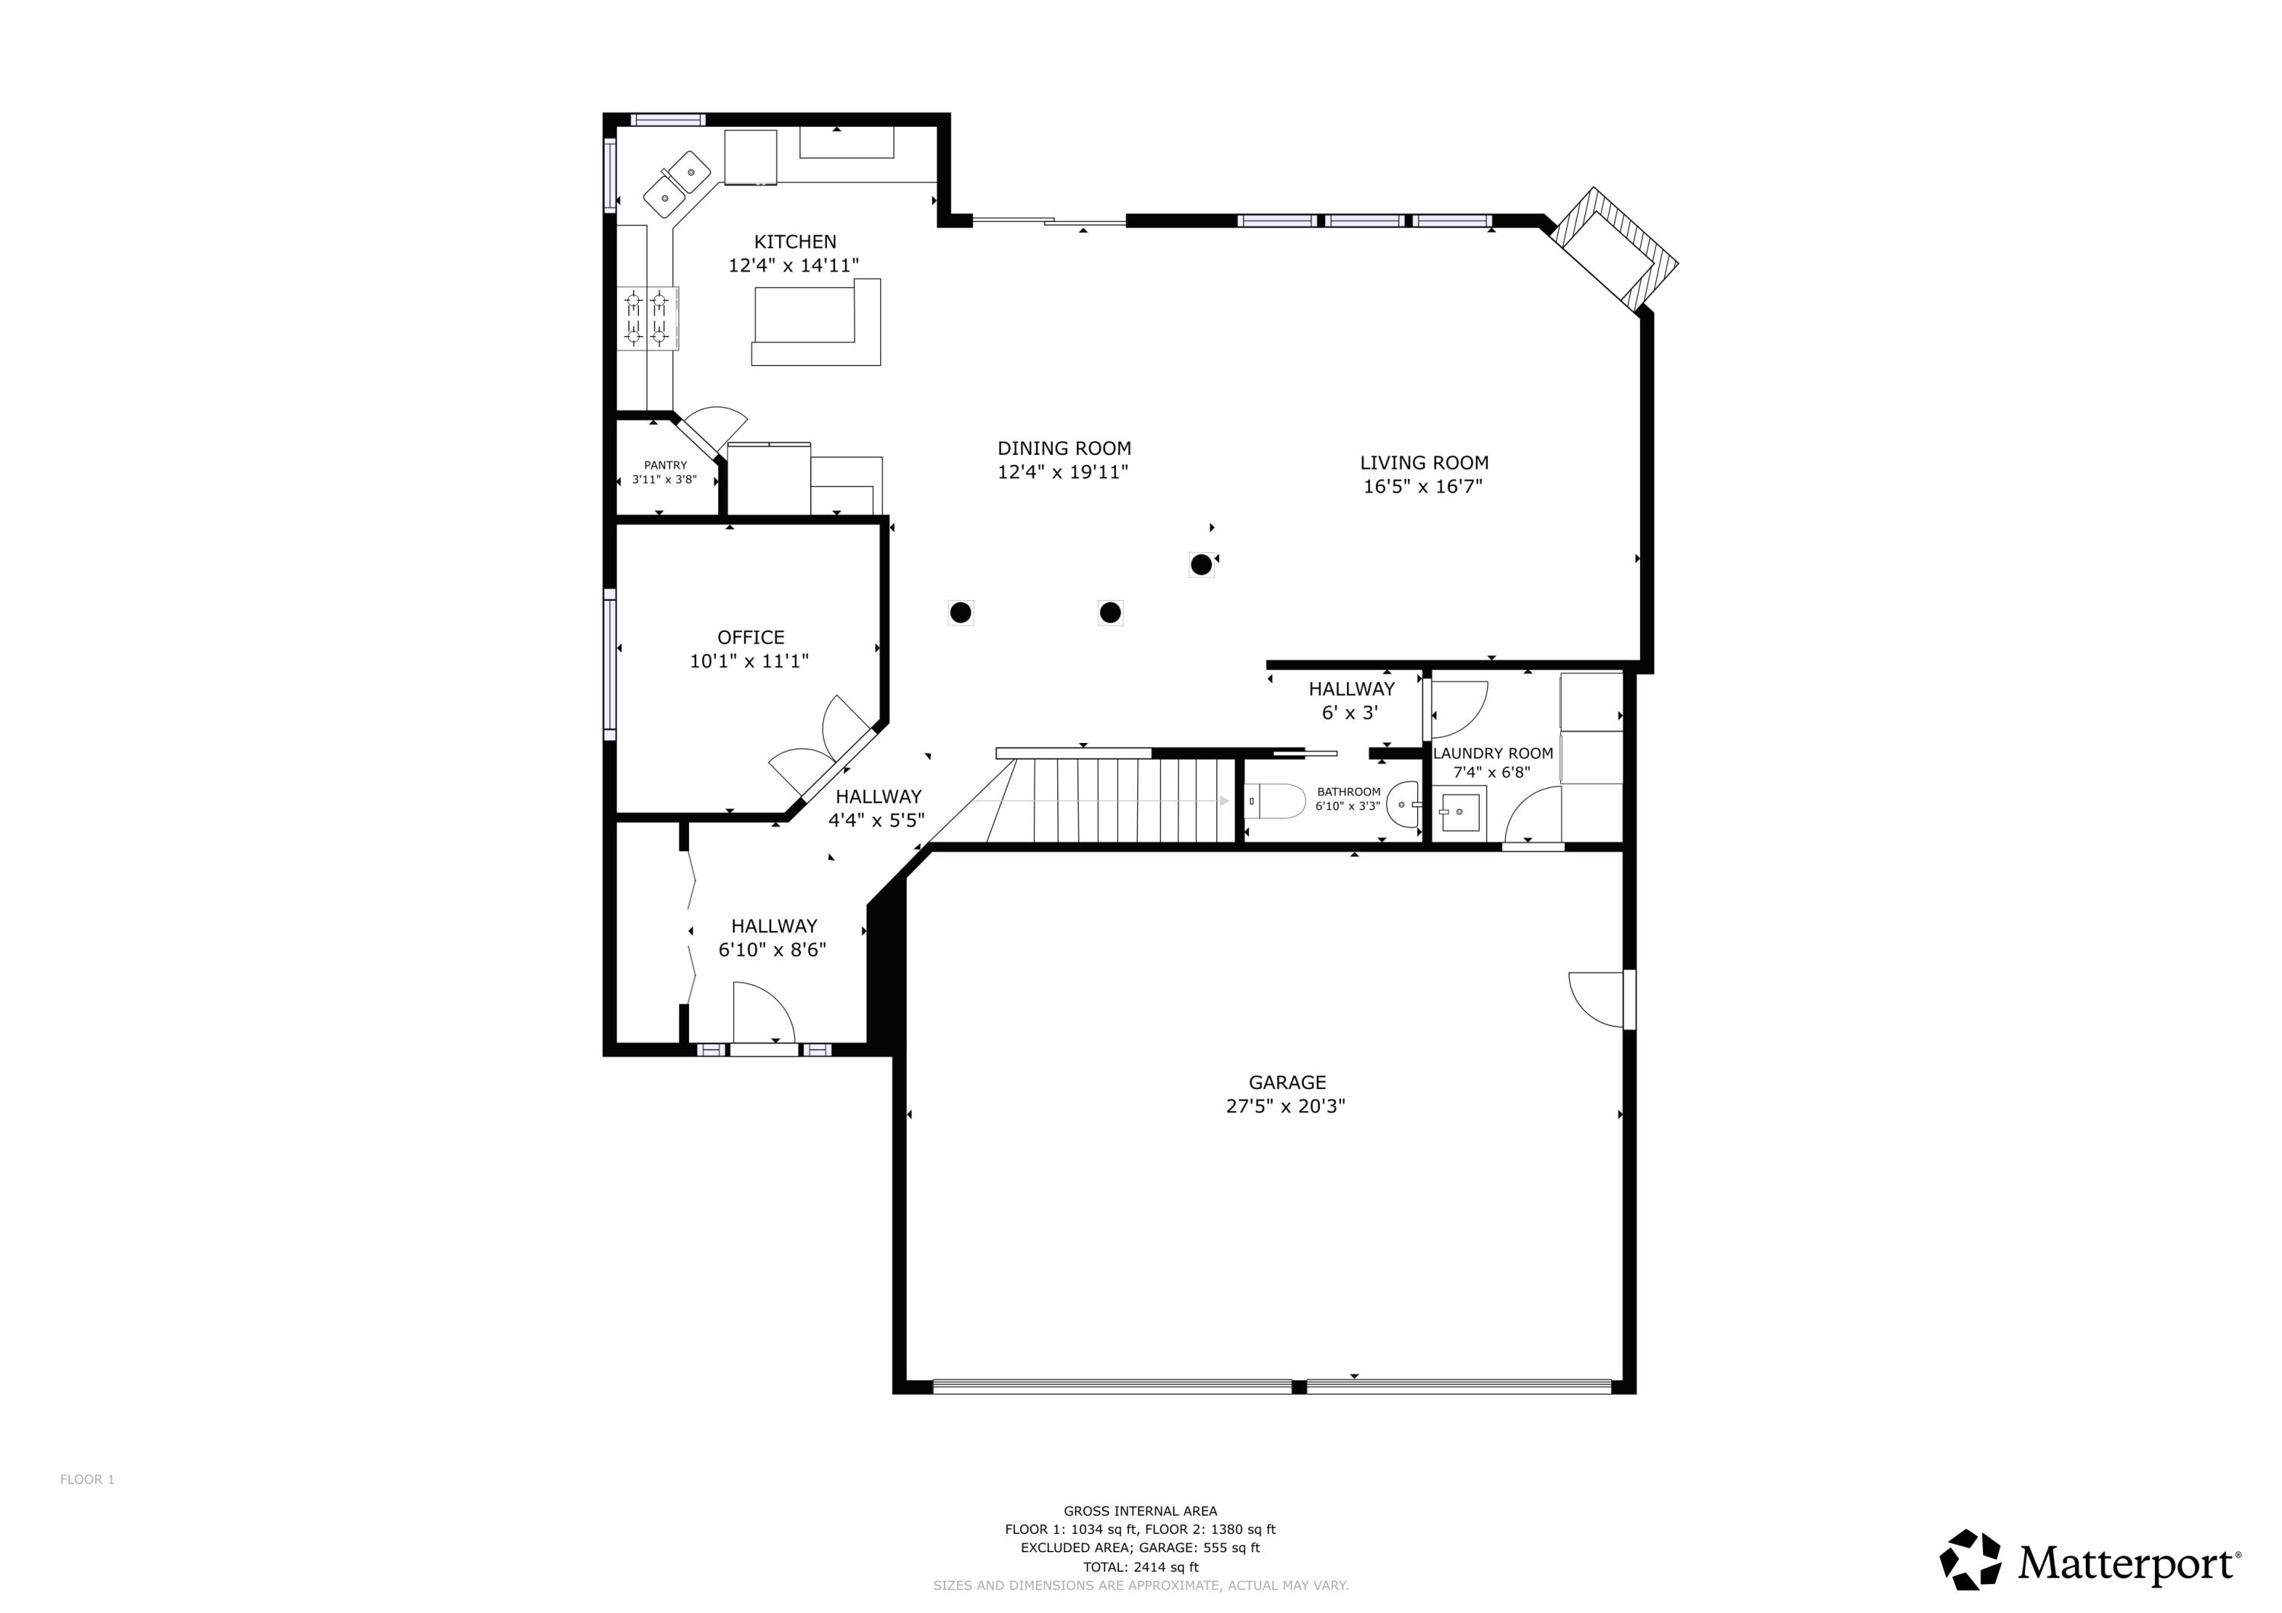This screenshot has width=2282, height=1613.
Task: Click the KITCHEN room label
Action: [x=794, y=242]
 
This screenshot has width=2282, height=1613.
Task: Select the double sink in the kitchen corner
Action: [x=677, y=185]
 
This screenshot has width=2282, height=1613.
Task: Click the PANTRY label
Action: [x=665, y=465]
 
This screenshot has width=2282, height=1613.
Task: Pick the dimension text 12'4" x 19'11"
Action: [x=1063, y=472]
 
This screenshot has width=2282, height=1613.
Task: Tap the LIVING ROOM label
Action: [x=1423, y=462]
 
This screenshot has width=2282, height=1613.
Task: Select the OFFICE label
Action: [x=750, y=637]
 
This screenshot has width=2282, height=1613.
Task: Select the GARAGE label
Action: [x=1286, y=1082]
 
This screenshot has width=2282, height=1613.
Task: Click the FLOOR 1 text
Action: [x=87, y=1479]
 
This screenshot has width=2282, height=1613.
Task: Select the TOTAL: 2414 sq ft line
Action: [x=1140, y=1567]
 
